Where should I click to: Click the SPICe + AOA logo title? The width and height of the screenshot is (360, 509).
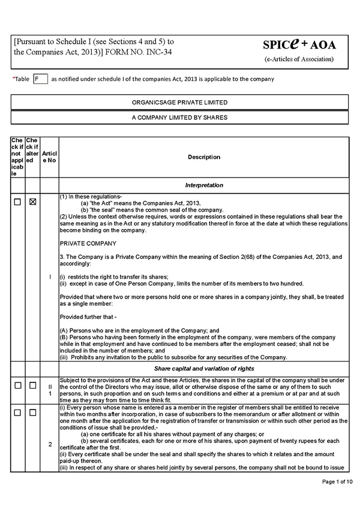pyautogui.click(x=299, y=44)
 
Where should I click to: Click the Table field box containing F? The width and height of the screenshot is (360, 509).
pyautogui.click(x=40, y=79)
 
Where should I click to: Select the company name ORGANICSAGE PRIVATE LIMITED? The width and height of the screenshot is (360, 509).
pyautogui.click(x=179, y=103)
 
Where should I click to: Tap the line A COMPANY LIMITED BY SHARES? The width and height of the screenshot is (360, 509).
pyautogui.click(x=179, y=118)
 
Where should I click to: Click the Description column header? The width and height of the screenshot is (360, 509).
pyautogui.click(x=204, y=157)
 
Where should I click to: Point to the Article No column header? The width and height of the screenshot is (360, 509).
pyautogui.click(x=50, y=157)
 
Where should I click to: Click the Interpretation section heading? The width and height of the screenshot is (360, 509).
pyautogui.click(x=204, y=185)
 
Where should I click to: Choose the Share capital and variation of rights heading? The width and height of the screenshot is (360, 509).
pyautogui.click(x=204, y=368)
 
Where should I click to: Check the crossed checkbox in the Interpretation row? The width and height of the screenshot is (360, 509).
pyautogui.click(x=33, y=202)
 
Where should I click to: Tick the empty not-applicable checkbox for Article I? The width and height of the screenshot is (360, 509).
pyautogui.click(x=18, y=202)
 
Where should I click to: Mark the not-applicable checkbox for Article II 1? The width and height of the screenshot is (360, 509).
pyautogui.click(x=18, y=385)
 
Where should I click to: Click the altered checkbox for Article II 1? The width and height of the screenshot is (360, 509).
pyautogui.click(x=33, y=385)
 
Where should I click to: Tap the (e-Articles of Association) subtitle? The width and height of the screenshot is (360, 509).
pyautogui.click(x=299, y=59)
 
